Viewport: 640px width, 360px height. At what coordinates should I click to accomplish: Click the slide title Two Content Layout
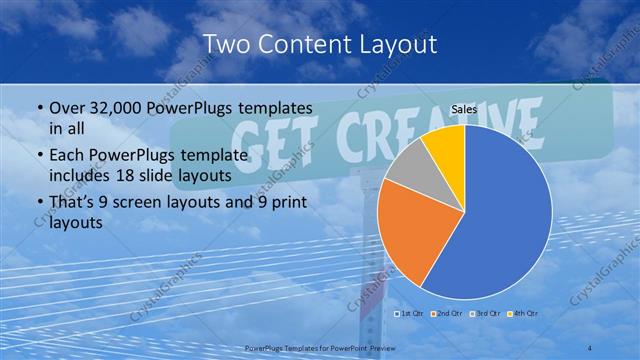319,44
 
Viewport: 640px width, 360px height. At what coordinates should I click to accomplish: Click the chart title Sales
463,110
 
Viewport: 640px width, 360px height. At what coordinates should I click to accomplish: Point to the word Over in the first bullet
68,106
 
